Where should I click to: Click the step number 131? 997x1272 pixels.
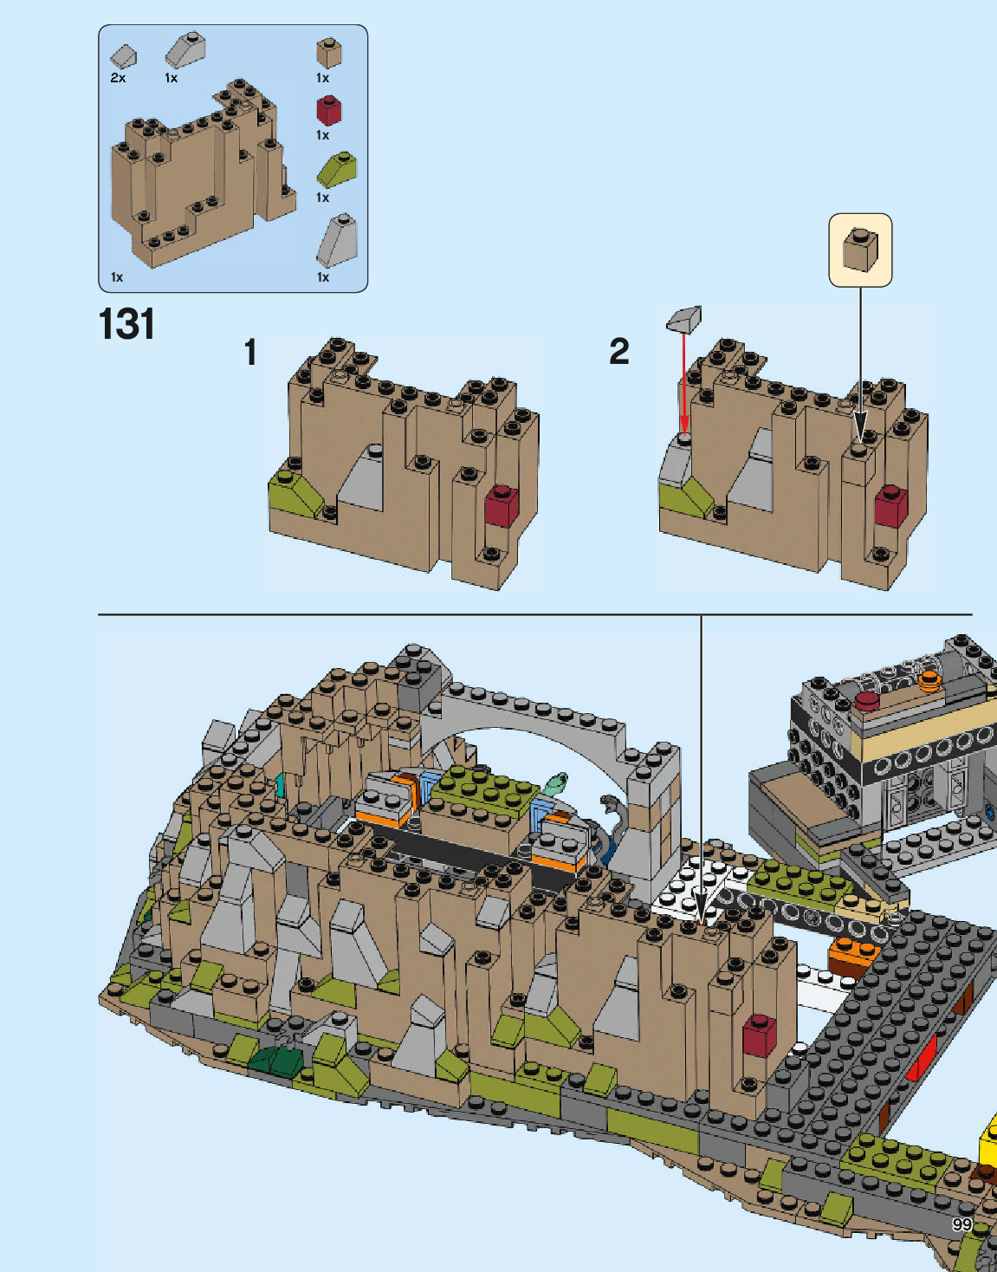(x=126, y=325)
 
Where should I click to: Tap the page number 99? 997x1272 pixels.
(x=961, y=1223)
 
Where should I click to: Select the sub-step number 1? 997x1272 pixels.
(x=250, y=353)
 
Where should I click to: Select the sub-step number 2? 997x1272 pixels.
(x=618, y=352)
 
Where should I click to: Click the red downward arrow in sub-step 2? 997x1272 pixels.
(x=683, y=381)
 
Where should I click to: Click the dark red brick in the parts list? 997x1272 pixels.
(x=328, y=110)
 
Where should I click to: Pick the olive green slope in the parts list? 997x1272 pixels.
(x=336, y=170)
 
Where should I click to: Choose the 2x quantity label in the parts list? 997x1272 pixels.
(x=118, y=78)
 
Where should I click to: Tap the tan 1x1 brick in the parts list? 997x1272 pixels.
(x=328, y=52)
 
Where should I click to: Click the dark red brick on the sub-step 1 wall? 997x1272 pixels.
(x=502, y=505)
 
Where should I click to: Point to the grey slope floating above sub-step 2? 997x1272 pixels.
(x=684, y=319)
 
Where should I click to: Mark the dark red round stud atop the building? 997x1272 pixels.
(x=867, y=700)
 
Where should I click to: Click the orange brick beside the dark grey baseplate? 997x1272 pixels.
(x=853, y=954)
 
